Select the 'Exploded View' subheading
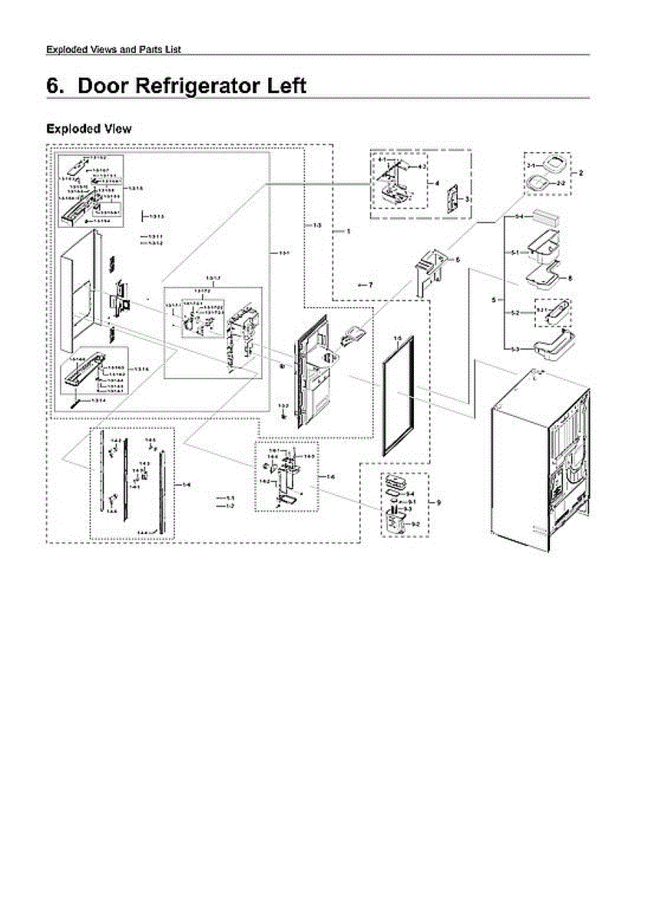pyautogui.click(x=89, y=129)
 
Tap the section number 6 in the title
pyautogui.click(x=55, y=85)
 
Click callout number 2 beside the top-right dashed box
pyautogui.click(x=581, y=173)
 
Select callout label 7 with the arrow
pyautogui.click(x=370, y=285)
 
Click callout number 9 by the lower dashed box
pyautogui.click(x=439, y=503)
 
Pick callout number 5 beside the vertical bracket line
pyautogui.click(x=495, y=299)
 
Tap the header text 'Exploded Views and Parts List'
pyautogui.click(x=114, y=50)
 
